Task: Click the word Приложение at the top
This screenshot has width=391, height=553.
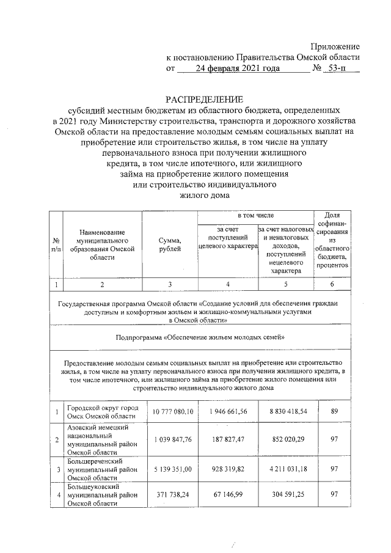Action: click(x=335, y=46)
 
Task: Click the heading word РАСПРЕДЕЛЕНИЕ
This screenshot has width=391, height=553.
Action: click(x=205, y=100)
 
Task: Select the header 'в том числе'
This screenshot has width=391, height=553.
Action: click(x=255, y=216)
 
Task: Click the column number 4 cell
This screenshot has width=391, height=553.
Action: click(x=227, y=284)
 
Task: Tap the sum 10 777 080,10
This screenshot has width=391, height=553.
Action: click(x=170, y=412)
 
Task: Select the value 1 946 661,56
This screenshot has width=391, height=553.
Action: click(x=227, y=412)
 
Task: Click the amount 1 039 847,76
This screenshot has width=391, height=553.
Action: click(x=170, y=440)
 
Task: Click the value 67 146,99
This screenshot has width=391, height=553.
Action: click(x=227, y=497)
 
